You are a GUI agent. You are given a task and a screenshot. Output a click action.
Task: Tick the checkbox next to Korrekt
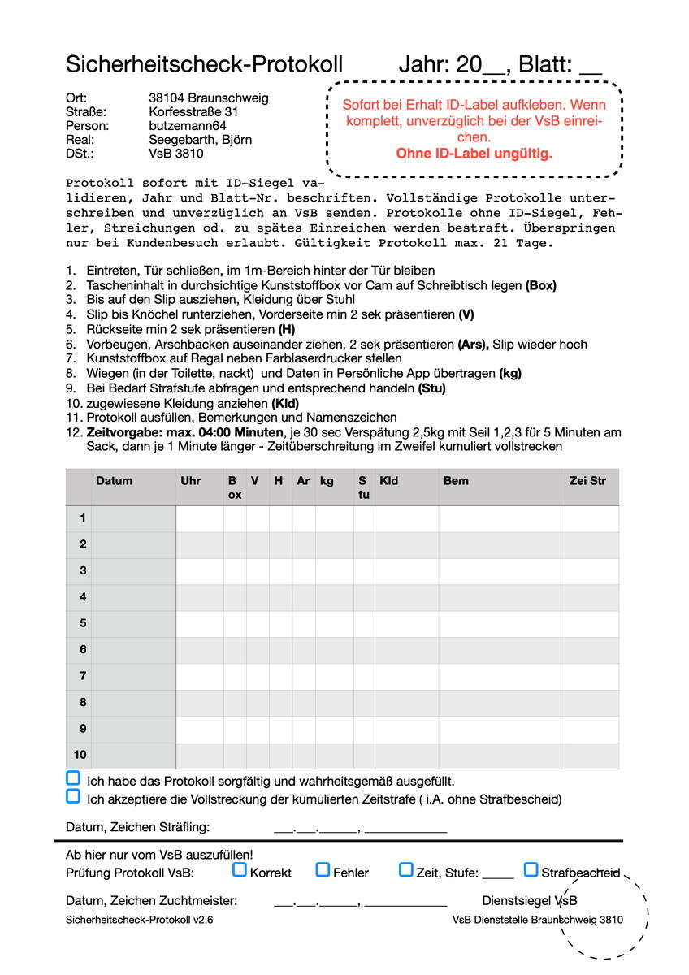pyautogui.click(x=240, y=870)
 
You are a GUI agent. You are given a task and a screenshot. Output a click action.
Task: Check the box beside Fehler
pyautogui.click(x=323, y=870)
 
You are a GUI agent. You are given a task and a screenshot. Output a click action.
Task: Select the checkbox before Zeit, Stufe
pyautogui.click(x=406, y=870)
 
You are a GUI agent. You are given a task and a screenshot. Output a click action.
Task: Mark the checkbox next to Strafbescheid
pyautogui.click(x=531, y=870)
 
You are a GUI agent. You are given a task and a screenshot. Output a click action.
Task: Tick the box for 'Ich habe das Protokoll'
pyautogui.click(x=73, y=778)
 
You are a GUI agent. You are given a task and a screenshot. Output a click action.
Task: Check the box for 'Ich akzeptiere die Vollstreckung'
pyautogui.click(x=73, y=796)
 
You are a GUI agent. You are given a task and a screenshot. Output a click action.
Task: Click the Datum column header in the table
pyautogui.click(x=114, y=481)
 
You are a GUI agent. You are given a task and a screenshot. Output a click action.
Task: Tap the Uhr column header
pyautogui.click(x=191, y=481)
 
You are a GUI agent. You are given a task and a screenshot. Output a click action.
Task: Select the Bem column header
pyautogui.click(x=456, y=481)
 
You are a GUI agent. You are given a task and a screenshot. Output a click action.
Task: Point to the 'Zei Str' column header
pyautogui.click(x=587, y=481)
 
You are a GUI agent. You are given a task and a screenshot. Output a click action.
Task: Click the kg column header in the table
pyautogui.click(x=327, y=481)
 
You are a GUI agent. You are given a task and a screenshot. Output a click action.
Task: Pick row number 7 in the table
pyautogui.click(x=83, y=676)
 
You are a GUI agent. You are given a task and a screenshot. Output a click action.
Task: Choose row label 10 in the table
pyautogui.click(x=81, y=755)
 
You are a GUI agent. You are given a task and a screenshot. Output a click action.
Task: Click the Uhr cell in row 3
pyautogui.click(x=200, y=571)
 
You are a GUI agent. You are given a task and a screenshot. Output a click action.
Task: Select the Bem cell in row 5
pyautogui.click(x=501, y=624)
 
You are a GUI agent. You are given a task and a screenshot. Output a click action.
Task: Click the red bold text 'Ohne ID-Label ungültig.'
pyautogui.click(x=474, y=153)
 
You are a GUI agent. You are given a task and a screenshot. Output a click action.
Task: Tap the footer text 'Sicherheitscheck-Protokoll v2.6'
pyautogui.click(x=140, y=921)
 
